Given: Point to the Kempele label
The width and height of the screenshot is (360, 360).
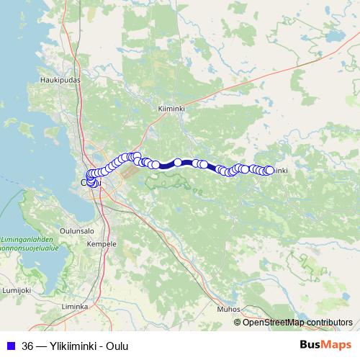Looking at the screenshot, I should click(102, 245).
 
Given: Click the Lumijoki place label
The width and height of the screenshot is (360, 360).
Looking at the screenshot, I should click(16, 289).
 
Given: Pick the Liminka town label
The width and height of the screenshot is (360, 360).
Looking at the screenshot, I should click(75, 306).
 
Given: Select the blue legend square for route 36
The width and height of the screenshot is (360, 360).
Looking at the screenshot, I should click(11, 345).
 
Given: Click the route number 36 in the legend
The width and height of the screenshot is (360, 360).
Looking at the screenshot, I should click(28, 345).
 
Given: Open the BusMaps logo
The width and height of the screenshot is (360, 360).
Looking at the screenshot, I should click(325, 345).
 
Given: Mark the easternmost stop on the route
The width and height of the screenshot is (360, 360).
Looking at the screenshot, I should click(269, 170).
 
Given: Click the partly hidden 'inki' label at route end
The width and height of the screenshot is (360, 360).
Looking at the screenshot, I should click(282, 171).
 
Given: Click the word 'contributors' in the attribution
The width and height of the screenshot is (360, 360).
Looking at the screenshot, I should click(329, 322).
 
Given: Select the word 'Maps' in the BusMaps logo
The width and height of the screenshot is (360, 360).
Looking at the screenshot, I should click(337, 345).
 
